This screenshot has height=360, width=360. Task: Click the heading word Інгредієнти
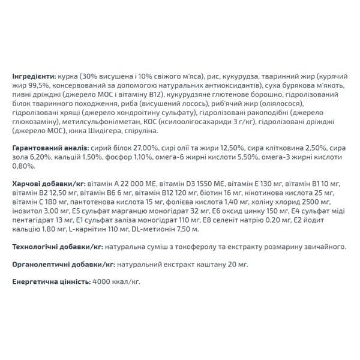click(34, 77)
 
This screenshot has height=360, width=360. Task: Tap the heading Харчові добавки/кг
click(48, 182)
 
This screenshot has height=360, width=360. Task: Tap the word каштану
click(202, 264)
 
